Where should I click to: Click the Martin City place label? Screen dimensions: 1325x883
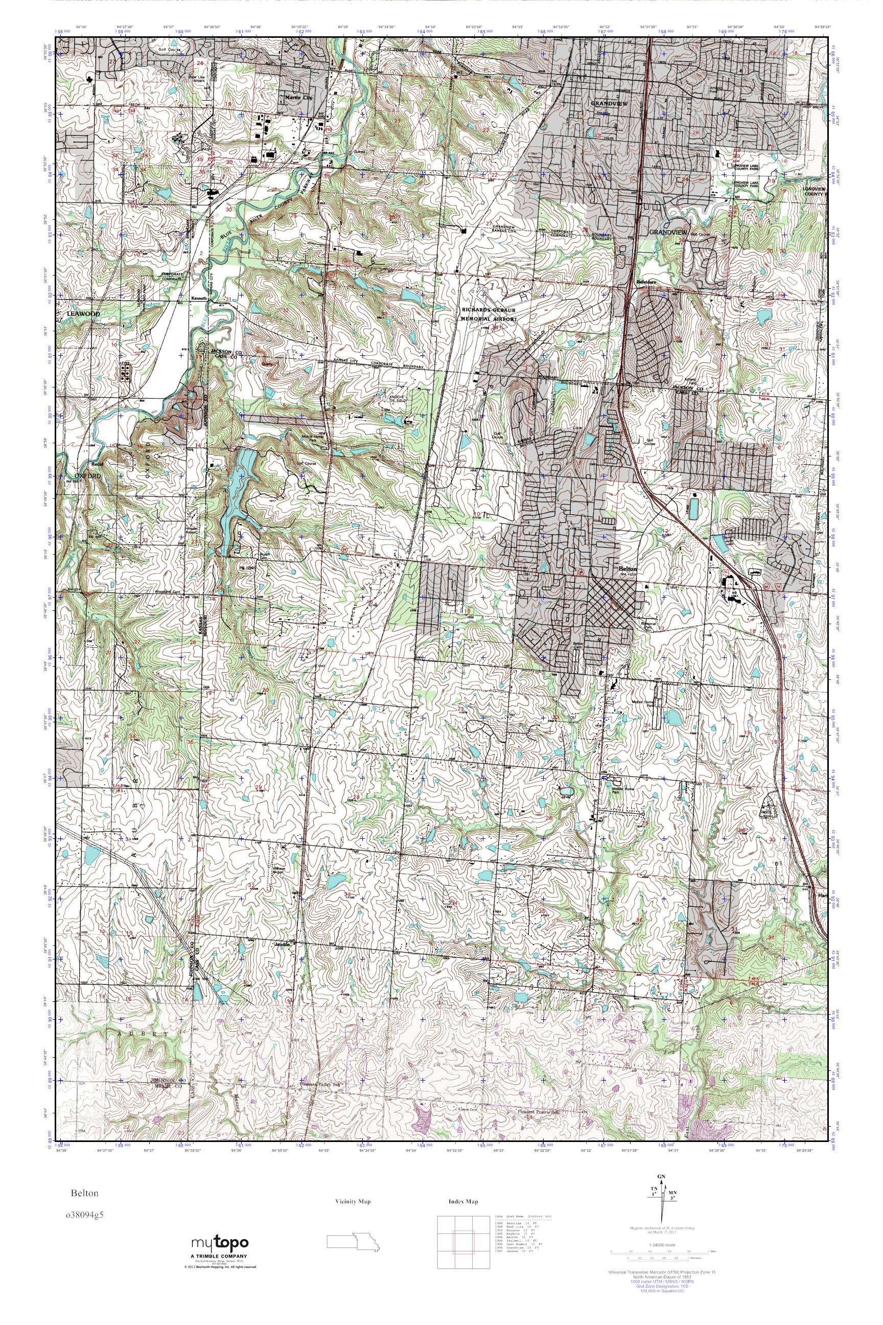tap(298, 98)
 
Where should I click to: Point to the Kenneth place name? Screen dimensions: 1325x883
tap(199, 298)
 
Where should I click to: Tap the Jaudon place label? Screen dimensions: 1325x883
tap(282, 944)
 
